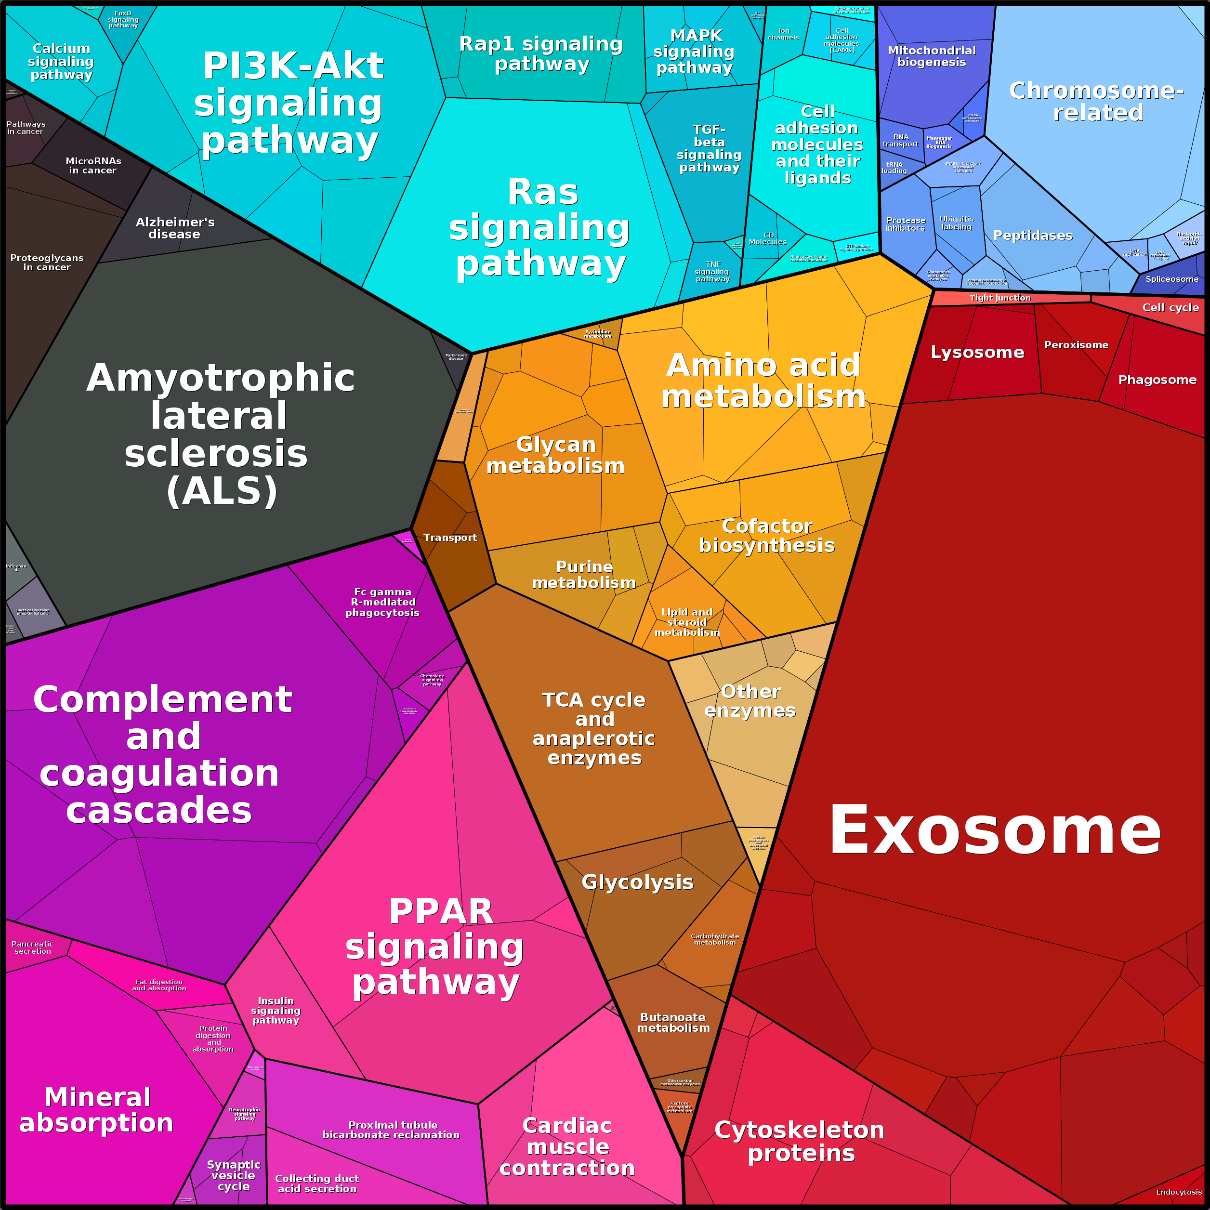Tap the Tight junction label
click(1000, 298)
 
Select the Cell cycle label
click(1170, 307)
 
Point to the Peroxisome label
click(1076, 345)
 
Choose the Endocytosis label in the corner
click(1179, 1192)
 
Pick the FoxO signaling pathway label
click(123, 19)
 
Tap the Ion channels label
click(784, 34)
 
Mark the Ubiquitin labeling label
click(956, 223)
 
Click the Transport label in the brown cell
click(450, 538)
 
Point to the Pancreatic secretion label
click(33, 947)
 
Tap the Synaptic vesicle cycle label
click(233, 1175)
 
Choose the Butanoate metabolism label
click(673, 1023)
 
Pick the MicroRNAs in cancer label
click(93, 165)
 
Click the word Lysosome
click(977, 353)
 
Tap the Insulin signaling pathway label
click(276, 1011)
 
